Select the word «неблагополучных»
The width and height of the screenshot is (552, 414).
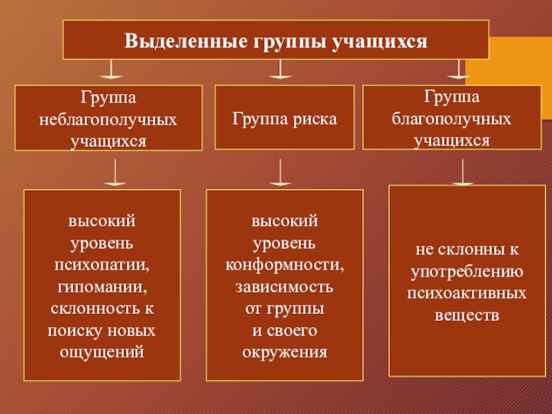[x=108, y=119]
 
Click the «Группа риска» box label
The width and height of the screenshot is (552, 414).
[x=284, y=119]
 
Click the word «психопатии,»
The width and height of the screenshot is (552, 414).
[x=102, y=265]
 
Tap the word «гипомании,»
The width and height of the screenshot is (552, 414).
[x=102, y=287]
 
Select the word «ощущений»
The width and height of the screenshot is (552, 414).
[x=102, y=352]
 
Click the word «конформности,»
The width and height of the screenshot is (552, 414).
[x=284, y=265]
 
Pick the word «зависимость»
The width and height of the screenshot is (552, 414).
[x=284, y=287]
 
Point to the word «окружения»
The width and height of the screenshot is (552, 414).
[x=284, y=352]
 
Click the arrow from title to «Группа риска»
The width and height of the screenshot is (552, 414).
[x=279, y=70]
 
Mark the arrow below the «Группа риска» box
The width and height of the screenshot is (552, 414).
[x=279, y=172]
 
